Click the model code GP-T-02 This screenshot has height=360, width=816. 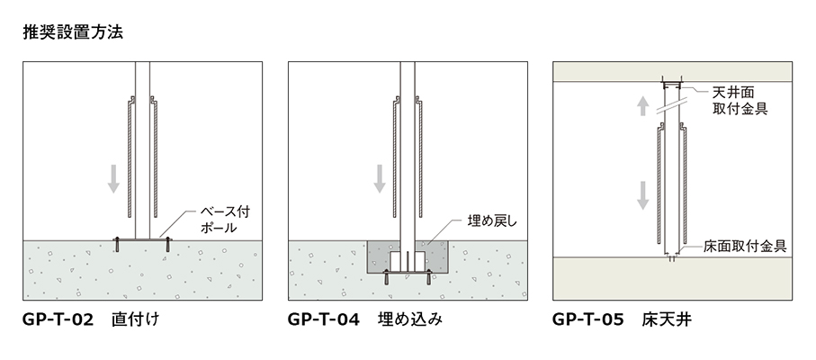pyautogui.click(x=58, y=319)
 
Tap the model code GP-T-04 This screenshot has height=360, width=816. pyautogui.click(x=324, y=319)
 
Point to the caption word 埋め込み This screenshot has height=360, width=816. pyautogui.click(x=408, y=319)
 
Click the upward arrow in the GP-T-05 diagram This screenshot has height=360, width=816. pyautogui.click(x=642, y=106)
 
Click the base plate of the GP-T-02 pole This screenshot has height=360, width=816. pyautogui.click(x=142, y=240)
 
